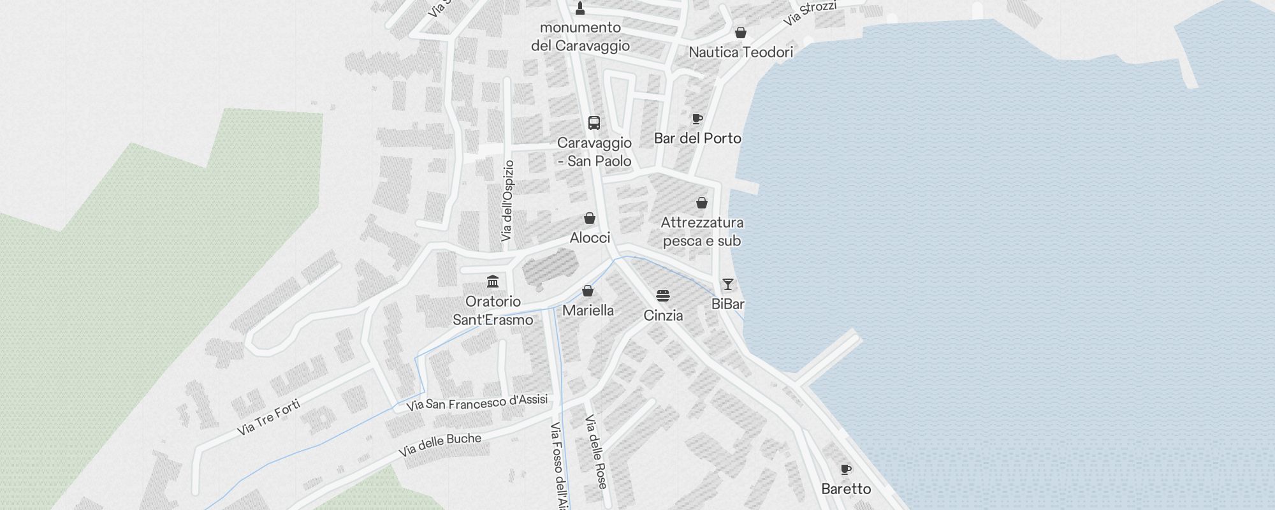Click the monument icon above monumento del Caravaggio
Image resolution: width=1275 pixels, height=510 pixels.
[579, 8]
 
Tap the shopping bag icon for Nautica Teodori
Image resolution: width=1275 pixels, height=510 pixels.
[740, 33]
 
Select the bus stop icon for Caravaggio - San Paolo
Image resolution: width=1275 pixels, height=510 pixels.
[594, 123]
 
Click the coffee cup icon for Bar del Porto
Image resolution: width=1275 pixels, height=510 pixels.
[697, 119]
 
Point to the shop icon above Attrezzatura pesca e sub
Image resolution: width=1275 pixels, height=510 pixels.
[701, 203]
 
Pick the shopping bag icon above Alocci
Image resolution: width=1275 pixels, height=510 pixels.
[590, 218]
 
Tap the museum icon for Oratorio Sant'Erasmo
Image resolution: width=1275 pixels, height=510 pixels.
[493, 281]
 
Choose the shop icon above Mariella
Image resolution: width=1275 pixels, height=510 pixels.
[588, 291]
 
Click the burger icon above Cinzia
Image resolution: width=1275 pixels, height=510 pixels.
[663, 296]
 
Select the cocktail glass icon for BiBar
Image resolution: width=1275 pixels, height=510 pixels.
[727, 284]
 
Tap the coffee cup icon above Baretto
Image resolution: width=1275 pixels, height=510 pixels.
[845, 470]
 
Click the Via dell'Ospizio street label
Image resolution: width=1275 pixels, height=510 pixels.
[507, 201]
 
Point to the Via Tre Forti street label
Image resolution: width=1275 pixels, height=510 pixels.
[268, 417]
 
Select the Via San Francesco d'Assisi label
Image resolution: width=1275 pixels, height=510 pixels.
[477, 403]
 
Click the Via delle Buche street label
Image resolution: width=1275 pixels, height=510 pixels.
[440, 445]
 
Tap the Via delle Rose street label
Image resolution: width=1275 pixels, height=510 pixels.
[596, 451]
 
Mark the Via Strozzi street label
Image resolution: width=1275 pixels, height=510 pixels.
[810, 13]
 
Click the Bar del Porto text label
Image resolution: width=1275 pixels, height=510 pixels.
[697, 138]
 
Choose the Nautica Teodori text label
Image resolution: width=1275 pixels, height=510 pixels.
[741, 52]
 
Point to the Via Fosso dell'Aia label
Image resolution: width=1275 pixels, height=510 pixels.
[558, 465]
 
